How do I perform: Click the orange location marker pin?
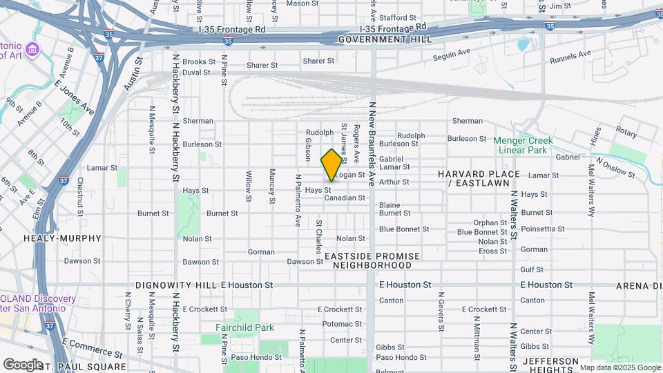tap(331, 164)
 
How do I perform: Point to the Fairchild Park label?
tap(244, 327)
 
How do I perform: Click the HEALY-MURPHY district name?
tap(73, 238)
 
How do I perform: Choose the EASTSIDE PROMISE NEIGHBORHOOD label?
tap(372, 260)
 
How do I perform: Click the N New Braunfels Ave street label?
tap(372, 144)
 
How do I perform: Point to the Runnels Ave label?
tap(570, 55)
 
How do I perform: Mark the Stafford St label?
tap(398, 17)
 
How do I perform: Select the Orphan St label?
tap(490, 222)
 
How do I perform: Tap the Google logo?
tap(23, 364)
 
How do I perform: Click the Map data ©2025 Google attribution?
tap(619, 367)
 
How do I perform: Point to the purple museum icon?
tap(34, 50)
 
